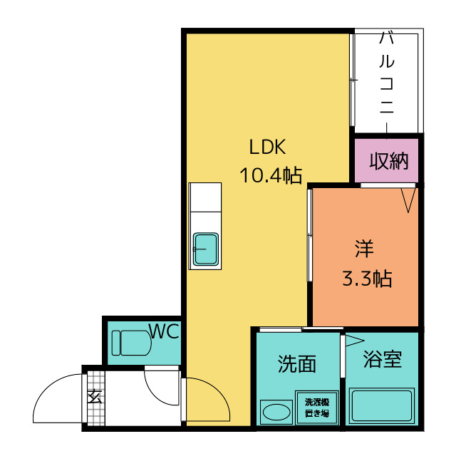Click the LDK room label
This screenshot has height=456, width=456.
click(268, 147)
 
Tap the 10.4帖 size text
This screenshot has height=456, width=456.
click(271, 175)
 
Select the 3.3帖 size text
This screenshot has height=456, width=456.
click(367, 279)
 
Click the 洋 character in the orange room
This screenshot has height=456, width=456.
click(364, 249)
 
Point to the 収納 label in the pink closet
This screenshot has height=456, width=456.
click(389, 161)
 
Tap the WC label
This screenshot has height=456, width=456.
click(164, 331)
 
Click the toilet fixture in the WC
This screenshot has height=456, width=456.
click(131, 343)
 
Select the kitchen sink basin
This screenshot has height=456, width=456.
click(206, 249)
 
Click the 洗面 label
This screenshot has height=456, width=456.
click(296, 364)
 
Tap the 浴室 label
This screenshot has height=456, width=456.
click(383, 359)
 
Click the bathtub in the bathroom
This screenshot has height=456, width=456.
click(382, 405)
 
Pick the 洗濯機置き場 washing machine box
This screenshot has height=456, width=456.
click(317, 407)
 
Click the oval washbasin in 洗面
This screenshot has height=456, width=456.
click(276, 412)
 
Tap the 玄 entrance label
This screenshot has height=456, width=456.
click(95, 396)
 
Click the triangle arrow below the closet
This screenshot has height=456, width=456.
click(408, 200)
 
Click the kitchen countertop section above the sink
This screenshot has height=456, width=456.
click(205, 197)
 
